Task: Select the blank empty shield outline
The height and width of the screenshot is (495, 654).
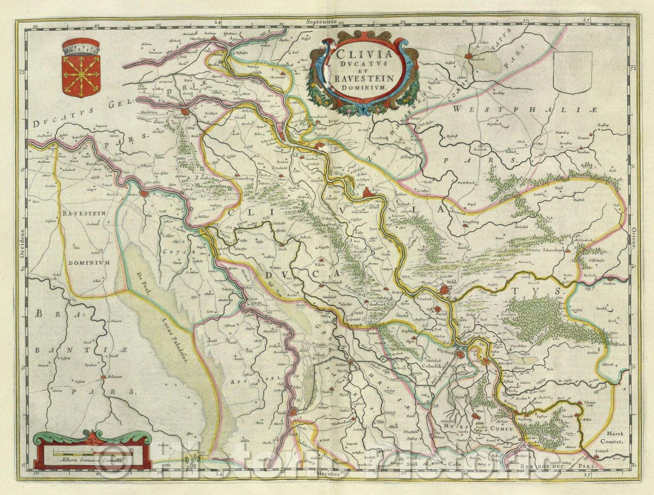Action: (572, 72)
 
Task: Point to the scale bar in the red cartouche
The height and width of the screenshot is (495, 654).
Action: (91, 452)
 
